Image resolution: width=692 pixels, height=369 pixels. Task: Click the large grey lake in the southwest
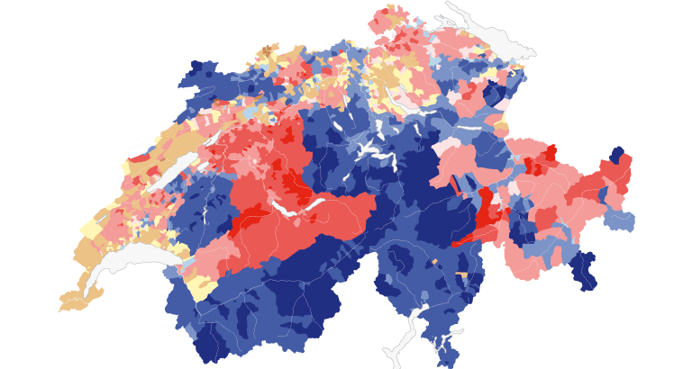pos(135,261)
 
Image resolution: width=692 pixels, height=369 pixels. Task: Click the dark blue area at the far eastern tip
pos(617,155)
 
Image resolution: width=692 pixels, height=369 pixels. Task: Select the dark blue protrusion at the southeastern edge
pos(584,270)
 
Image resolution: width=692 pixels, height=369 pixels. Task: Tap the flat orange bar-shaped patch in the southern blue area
pos(461,274)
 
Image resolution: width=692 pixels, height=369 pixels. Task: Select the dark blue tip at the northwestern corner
pos(195,72)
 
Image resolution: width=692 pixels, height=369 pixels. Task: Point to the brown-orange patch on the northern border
pos(269,49)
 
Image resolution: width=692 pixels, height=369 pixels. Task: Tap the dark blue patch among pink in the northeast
pos(493,93)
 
